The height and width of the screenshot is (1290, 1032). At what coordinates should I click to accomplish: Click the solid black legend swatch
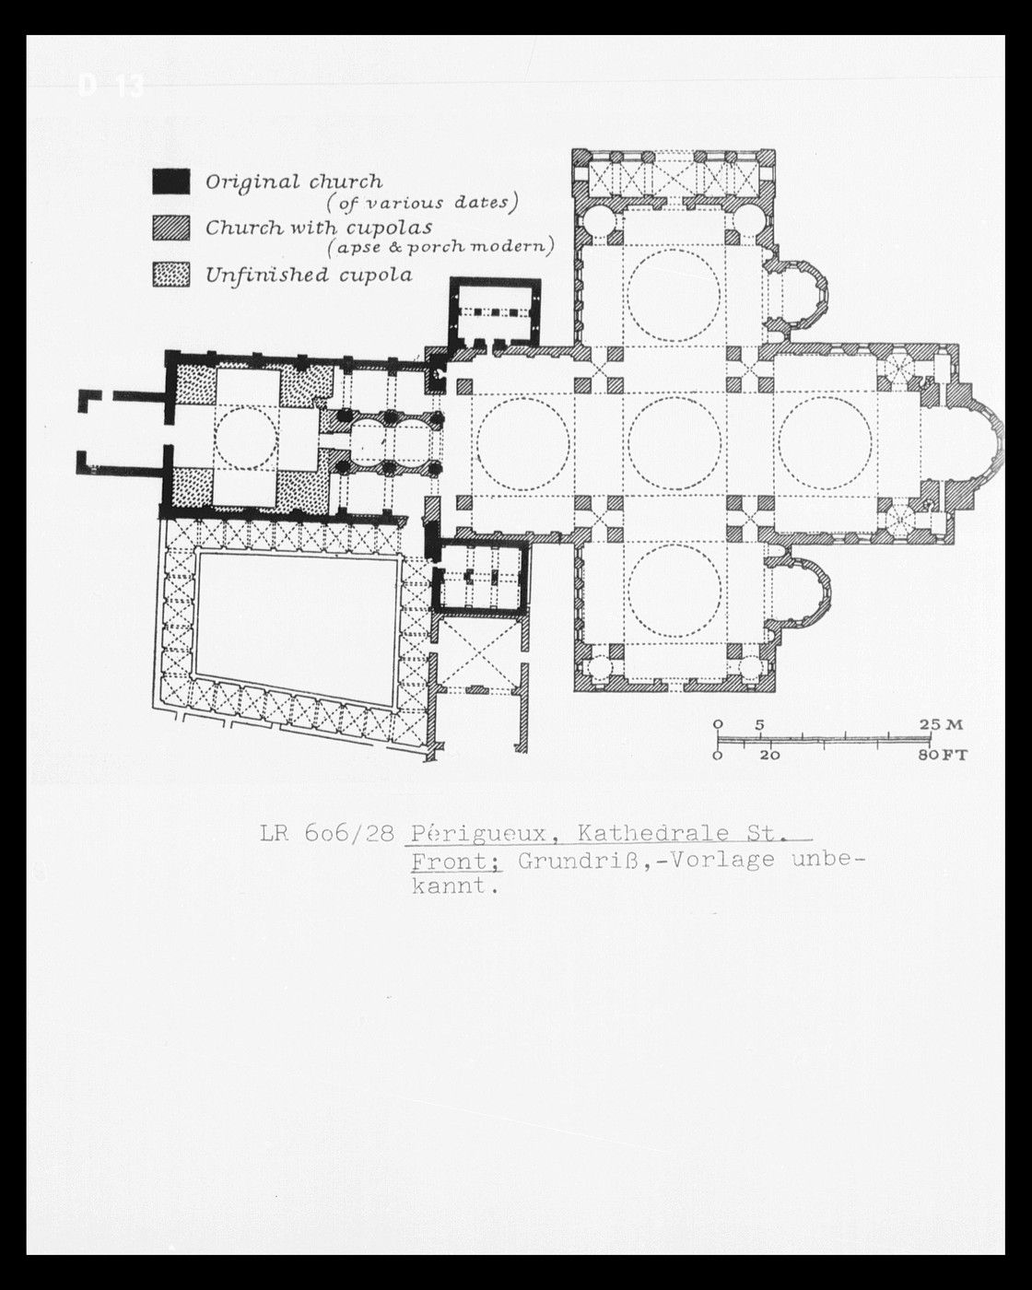(x=170, y=182)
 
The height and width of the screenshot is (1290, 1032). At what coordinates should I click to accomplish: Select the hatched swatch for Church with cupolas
(x=170, y=228)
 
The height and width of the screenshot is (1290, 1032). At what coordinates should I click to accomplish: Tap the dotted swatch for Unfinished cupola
(x=170, y=275)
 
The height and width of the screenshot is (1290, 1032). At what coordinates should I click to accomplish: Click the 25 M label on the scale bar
(x=942, y=725)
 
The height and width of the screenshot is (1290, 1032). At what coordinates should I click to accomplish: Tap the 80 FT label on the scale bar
(x=943, y=756)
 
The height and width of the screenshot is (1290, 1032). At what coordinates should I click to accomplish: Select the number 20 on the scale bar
(x=770, y=756)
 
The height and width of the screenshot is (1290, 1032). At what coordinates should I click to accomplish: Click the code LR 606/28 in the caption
(x=327, y=833)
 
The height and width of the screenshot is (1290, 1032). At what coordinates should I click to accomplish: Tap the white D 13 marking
(x=111, y=87)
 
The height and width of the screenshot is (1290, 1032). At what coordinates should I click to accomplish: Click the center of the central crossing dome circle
(x=674, y=443)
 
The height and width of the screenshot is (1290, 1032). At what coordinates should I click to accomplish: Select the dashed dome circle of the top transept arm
(x=674, y=249)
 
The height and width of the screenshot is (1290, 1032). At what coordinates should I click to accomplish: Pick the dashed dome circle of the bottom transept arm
(x=674, y=545)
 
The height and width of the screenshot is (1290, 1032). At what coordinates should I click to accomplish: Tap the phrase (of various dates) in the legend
(x=422, y=204)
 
